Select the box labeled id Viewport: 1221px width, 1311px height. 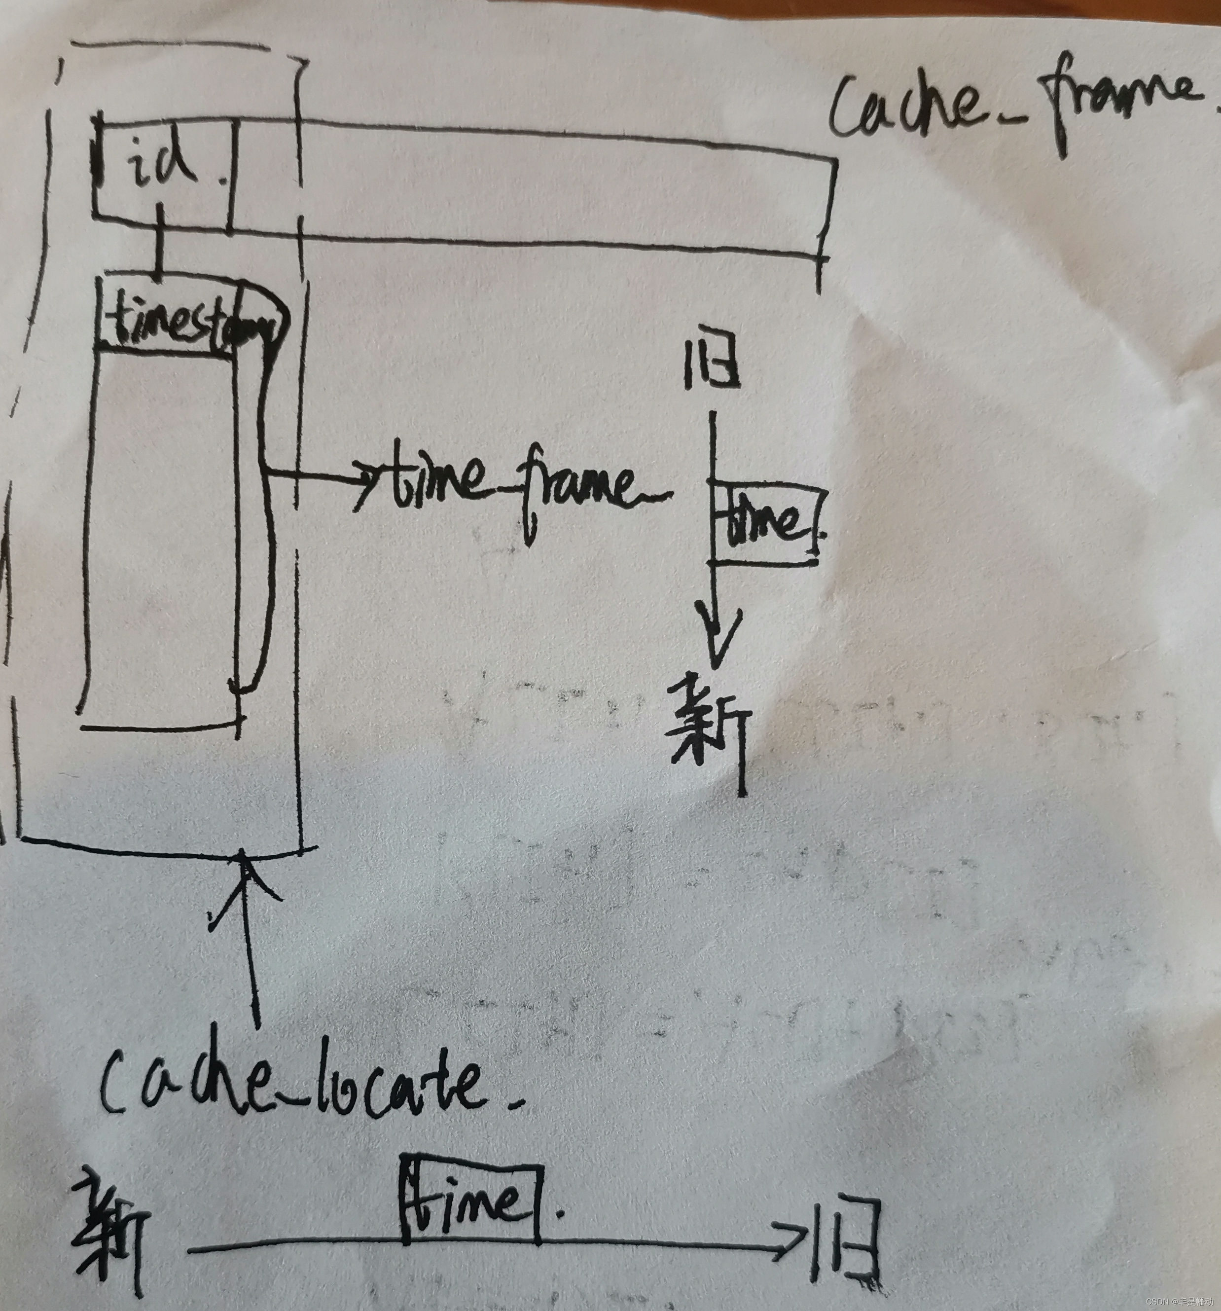click(162, 168)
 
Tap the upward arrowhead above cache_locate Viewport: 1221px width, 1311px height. click(245, 871)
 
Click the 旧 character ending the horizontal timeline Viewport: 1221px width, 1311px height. click(847, 1240)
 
